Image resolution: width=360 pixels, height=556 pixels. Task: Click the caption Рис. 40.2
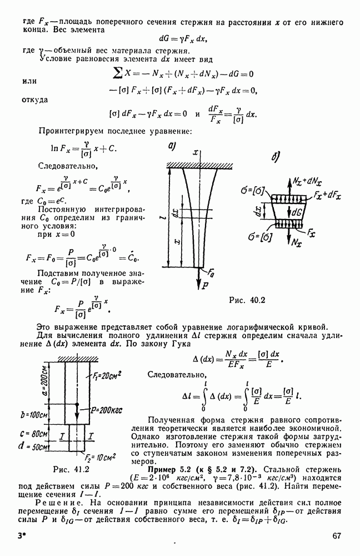point(248,301)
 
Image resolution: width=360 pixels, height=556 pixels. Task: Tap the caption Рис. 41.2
point(71,468)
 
